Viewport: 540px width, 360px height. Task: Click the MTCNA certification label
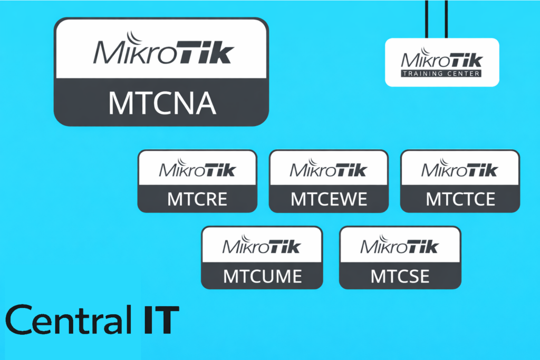(x=162, y=103)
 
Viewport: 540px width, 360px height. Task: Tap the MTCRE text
(x=197, y=199)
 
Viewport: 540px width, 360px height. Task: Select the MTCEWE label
(x=329, y=199)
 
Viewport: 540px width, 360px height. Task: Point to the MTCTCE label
(x=460, y=199)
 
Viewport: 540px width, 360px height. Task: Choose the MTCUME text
(x=262, y=276)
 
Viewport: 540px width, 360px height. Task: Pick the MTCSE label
(x=400, y=276)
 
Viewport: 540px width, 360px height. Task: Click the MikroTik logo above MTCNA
(x=163, y=51)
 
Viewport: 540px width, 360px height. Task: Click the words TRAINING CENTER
(x=441, y=74)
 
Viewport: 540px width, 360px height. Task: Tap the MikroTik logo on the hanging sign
(x=441, y=61)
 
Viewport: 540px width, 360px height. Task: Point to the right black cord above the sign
(x=446, y=18)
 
